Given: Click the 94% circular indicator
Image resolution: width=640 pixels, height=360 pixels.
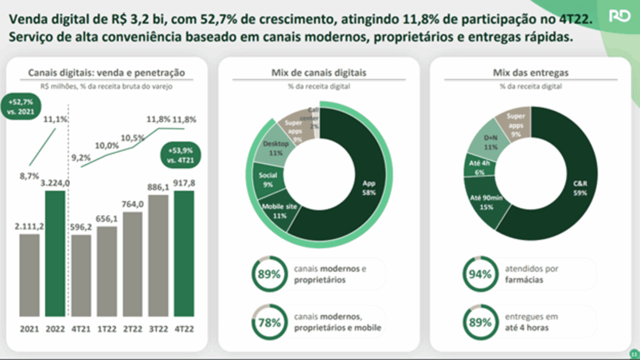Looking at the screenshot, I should click(x=480, y=274).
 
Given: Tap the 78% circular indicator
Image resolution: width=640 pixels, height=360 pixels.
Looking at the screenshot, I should click(x=268, y=322).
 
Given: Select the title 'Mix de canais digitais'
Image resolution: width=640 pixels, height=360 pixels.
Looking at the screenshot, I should click(x=318, y=72).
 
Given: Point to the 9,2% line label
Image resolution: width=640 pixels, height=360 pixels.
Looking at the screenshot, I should click(x=81, y=157).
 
